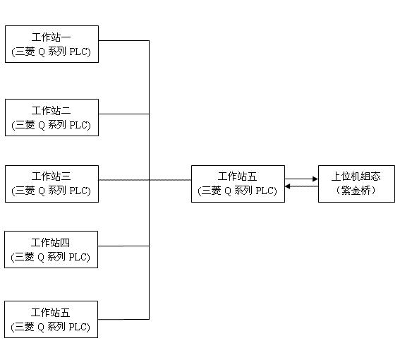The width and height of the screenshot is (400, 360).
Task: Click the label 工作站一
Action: tap(51, 37)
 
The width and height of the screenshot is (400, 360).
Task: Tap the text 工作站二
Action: tap(51, 111)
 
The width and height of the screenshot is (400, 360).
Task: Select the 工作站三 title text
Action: tap(51, 176)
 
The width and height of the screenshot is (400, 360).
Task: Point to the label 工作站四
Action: tap(50, 243)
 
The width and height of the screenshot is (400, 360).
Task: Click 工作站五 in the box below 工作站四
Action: tap(50, 313)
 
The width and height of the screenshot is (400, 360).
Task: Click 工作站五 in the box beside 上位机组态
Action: tap(237, 176)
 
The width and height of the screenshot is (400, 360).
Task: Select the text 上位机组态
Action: tap(356, 176)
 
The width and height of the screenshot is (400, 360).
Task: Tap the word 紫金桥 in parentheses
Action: tap(356, 191)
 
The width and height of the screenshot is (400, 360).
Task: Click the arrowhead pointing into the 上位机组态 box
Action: tap(315, 179)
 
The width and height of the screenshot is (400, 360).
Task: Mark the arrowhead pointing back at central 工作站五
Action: tap(288, 186)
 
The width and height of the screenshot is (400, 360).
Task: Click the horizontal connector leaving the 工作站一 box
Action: tap(123, 40)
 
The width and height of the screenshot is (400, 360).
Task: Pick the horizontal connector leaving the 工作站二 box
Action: tap(123, 114)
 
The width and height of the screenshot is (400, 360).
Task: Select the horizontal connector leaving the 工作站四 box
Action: tap(123, 246)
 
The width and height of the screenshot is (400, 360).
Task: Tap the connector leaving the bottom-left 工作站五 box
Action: tap(123, 319)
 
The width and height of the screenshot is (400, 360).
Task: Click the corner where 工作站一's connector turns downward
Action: tap(149, 40)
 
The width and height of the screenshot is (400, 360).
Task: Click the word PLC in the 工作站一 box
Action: tap(78, 52)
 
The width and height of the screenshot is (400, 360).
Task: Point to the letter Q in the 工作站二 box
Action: tap(42, 126)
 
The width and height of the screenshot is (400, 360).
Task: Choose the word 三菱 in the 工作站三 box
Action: tap(25, 191)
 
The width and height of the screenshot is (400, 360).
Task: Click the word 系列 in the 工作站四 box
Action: tap(56, 257)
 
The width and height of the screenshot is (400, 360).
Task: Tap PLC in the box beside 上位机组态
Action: tap(265, 191)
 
